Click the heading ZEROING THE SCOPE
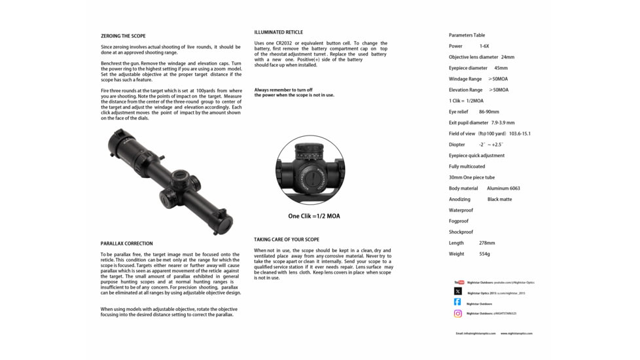click(123, 36)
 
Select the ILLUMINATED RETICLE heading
click(279, 32)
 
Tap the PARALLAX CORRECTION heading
click(126, 243)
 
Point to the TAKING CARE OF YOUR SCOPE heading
click(287, 240)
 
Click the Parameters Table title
click(467, 35)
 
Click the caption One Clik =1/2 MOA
click(314, 216)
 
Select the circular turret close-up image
click(310, 170)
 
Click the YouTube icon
click(458, 282)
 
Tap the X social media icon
click(458, 292)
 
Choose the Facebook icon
click(458, 302)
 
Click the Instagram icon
click(458, 314)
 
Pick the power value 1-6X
click(484, 46)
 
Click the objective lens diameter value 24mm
click(508, 57)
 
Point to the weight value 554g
click(484, 254)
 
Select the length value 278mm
click(487, 243)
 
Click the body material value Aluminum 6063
click(503, 189)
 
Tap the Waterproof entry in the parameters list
click(461, 210)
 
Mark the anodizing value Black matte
click(499, 199)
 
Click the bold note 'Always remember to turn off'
click(283, 90)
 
